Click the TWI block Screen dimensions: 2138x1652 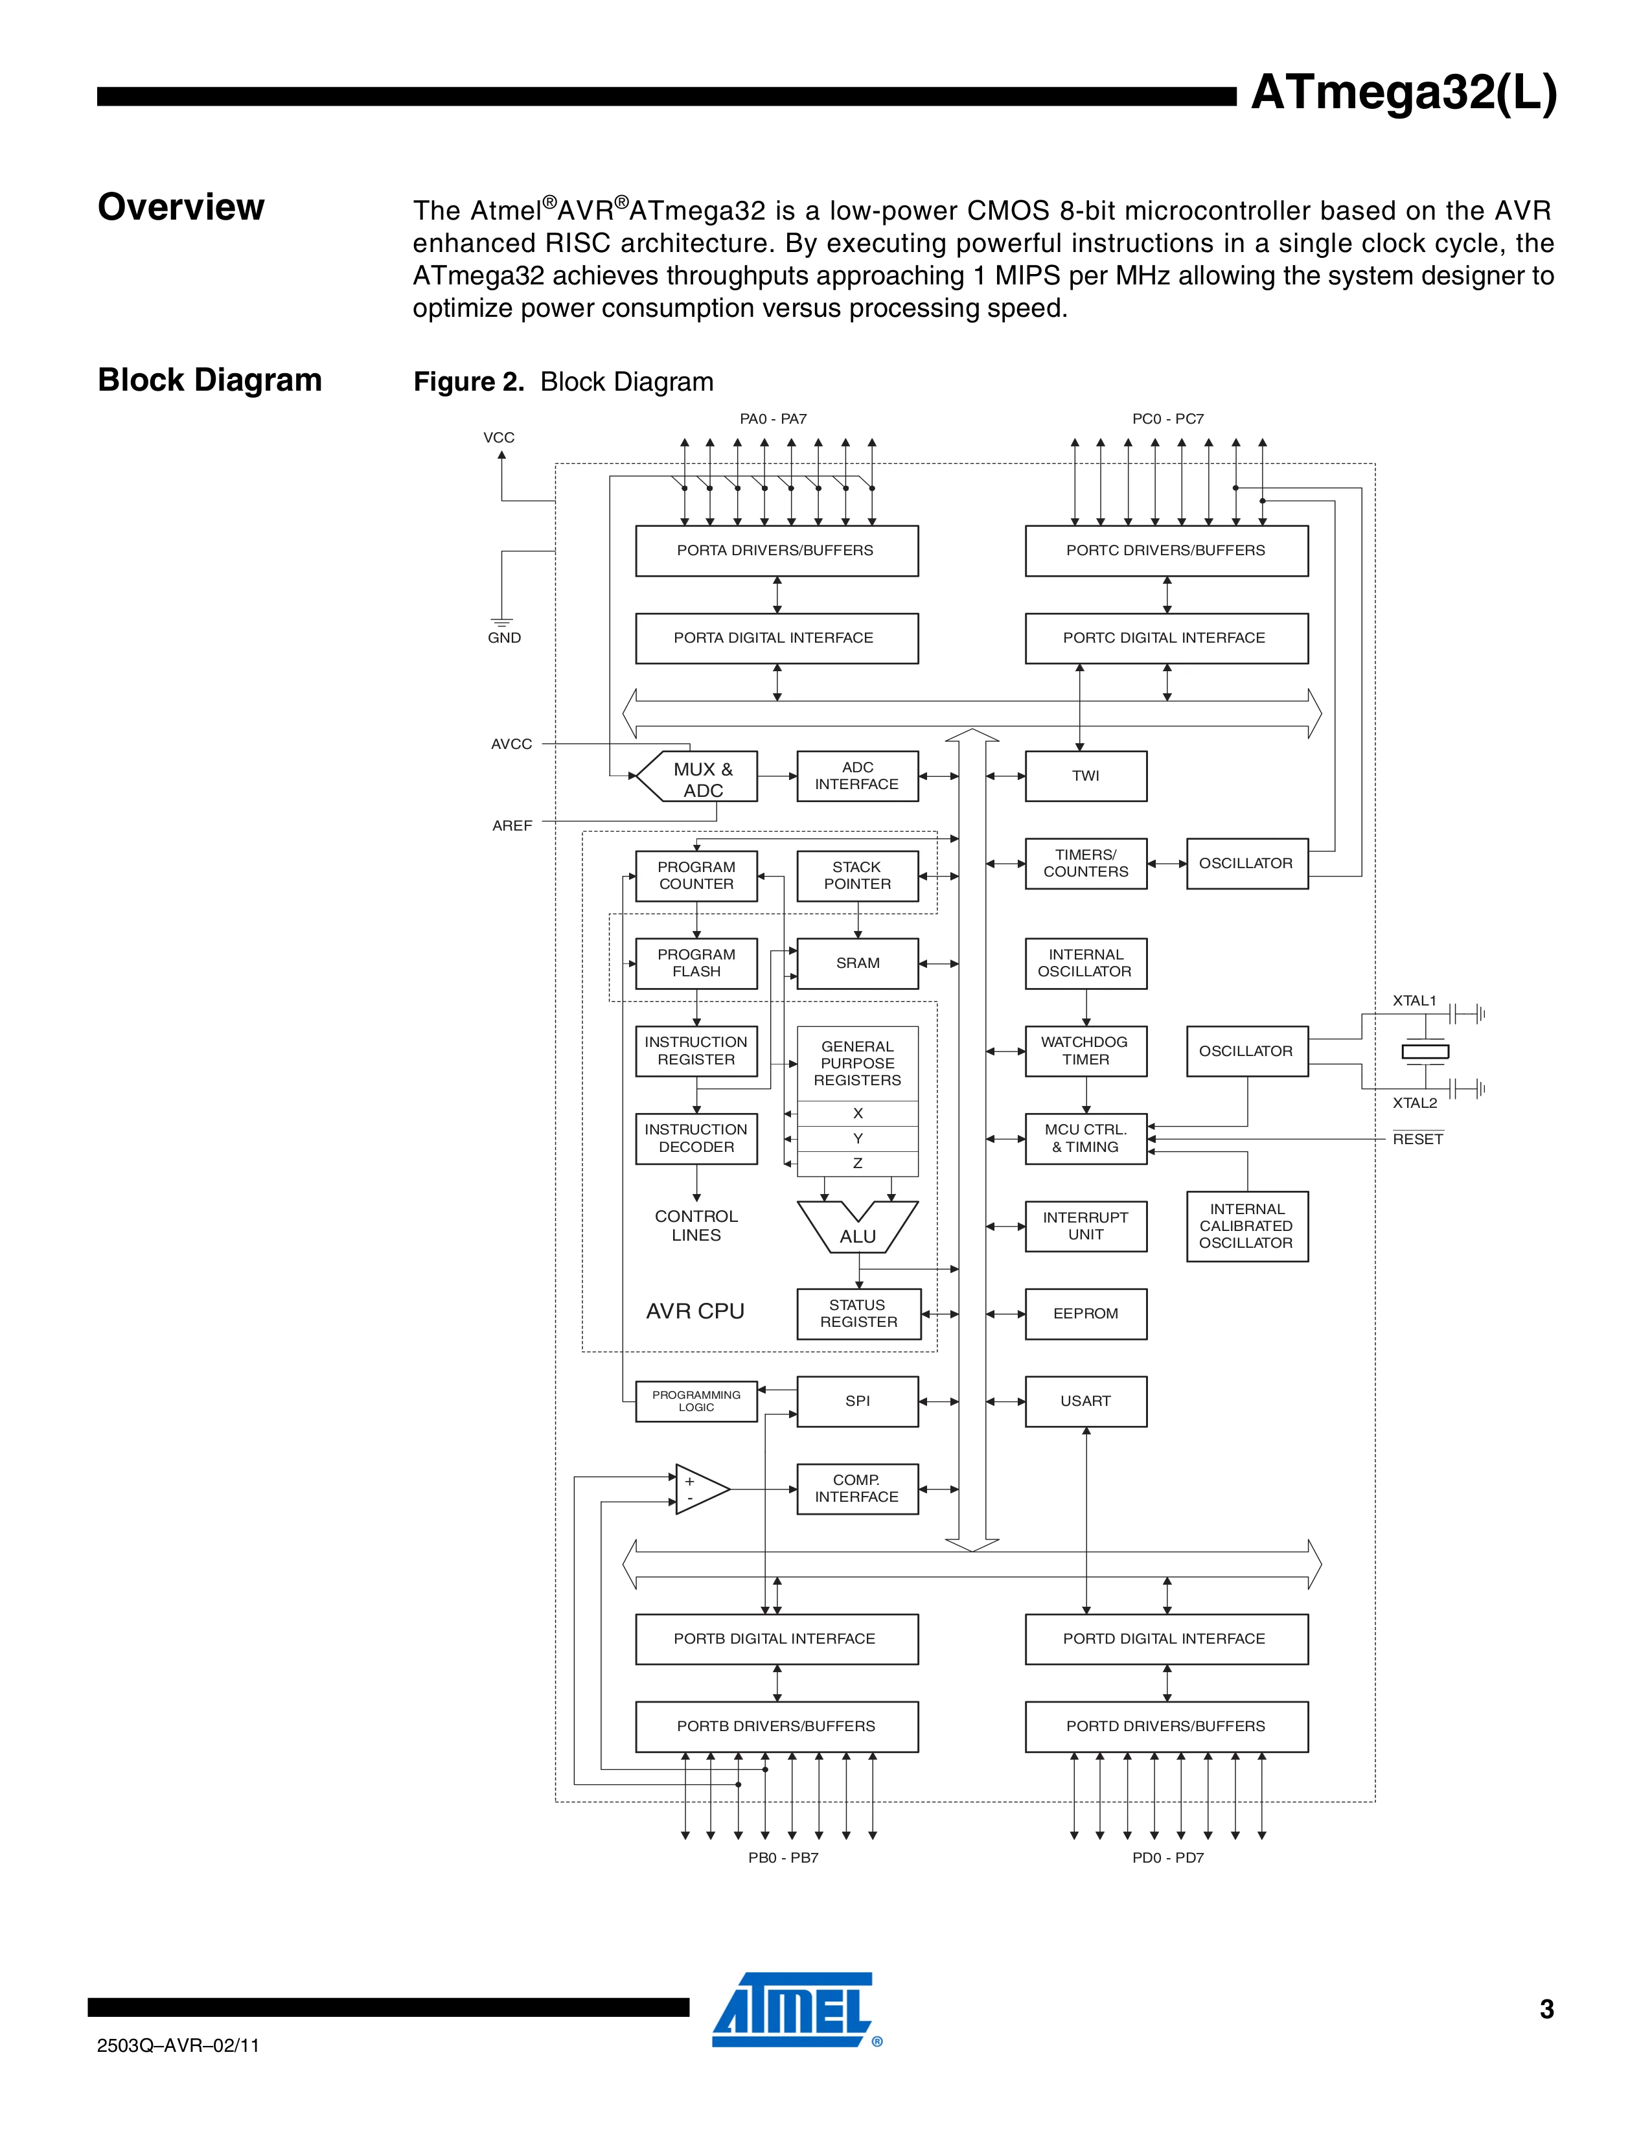click(1085, 776)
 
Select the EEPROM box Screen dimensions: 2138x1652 click(1085, 1314)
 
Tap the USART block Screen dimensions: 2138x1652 click(1085, 1401)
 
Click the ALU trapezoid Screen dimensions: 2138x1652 click(857, 1228)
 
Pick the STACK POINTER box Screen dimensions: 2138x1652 click(857, 875)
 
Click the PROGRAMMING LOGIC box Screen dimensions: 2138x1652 click(696, 1401)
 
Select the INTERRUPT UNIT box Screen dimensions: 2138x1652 click(1085, 1226)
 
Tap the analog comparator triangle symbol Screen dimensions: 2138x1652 click(699, 1489)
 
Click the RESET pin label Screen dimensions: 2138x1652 click(1417, 1140)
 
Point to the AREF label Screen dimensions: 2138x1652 click(512, 826)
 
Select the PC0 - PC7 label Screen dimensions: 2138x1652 click(1167, 419)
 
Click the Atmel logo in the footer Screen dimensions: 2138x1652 click(793, 2010)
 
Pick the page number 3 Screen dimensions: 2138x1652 click(1546, 2010)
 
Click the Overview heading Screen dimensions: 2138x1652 click(181, 207)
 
